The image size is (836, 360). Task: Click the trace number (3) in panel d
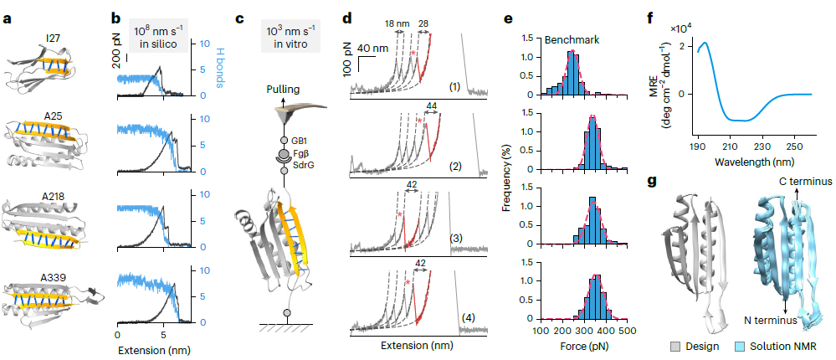[456, 239]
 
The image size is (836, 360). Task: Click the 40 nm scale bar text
[371, 49]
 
